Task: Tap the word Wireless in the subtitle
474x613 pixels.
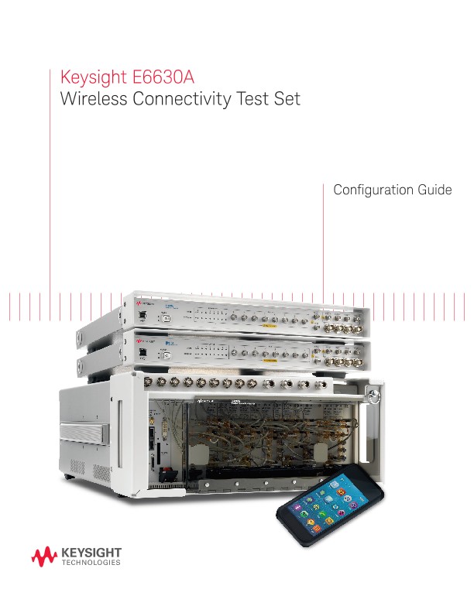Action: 90,101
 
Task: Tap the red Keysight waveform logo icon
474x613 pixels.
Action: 43,556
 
